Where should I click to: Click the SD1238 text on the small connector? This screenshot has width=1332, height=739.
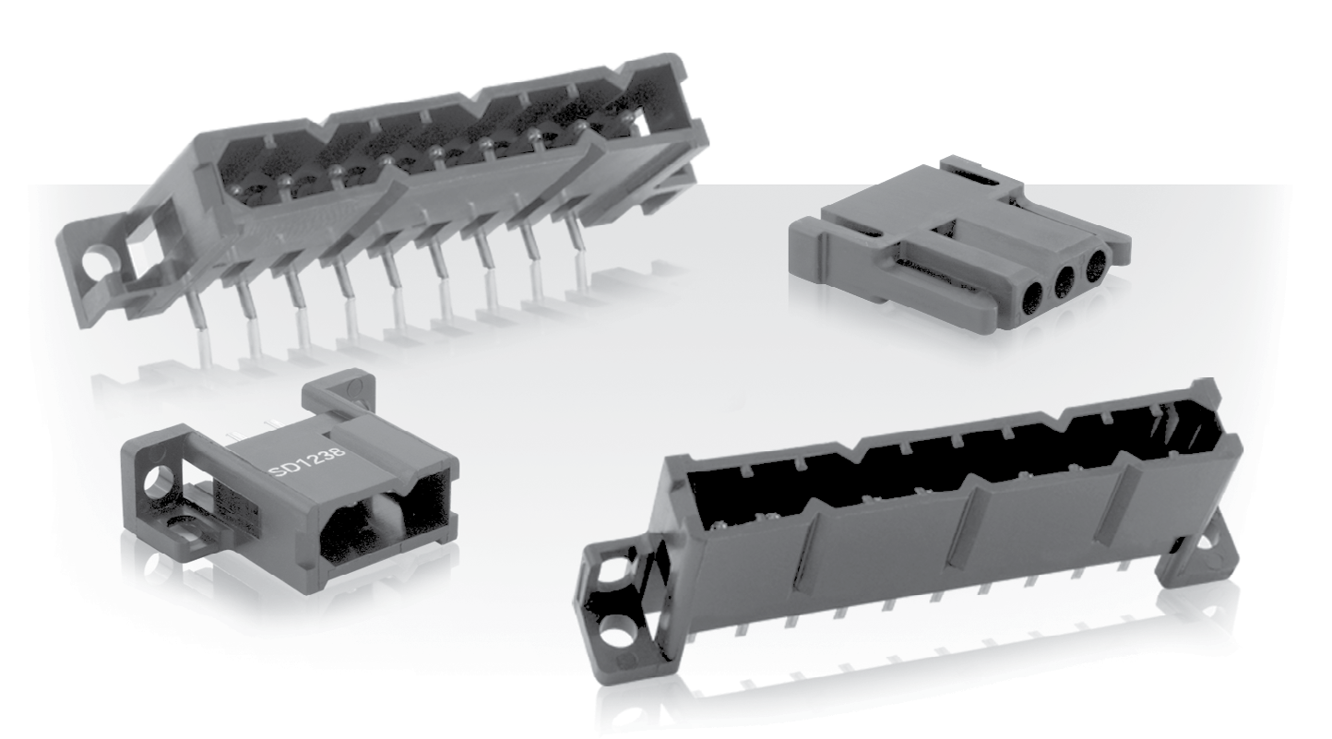pyautogui.click(x=307, y=461)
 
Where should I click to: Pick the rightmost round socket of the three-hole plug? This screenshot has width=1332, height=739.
pyautogui.click(x=1097, y=265)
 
